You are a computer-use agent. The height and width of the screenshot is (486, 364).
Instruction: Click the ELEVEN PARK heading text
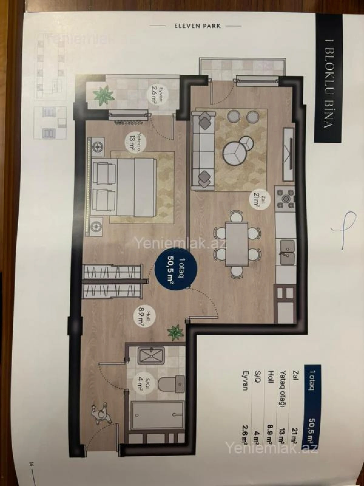(x=197, y=26)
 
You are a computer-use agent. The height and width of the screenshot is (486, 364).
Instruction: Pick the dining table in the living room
(x=237, y=245)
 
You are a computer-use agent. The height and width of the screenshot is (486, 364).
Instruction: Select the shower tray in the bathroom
(x=151, y=356)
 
